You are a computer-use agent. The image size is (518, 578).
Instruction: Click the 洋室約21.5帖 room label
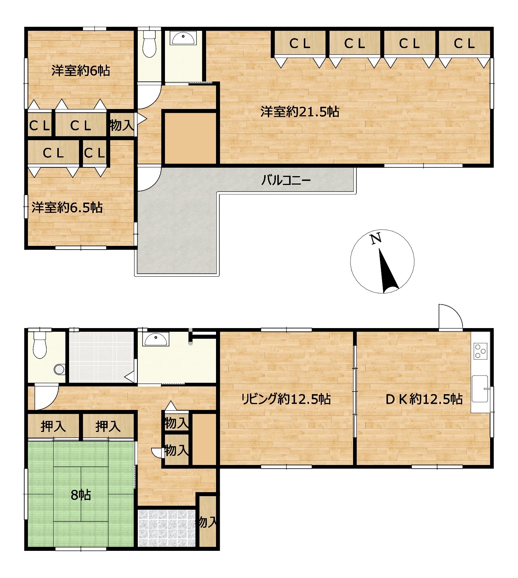[x=300, y=112]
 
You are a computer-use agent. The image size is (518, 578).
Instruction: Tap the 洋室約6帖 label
[x=80, y=70]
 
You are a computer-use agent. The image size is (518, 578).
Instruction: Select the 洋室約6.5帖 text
[x=67, y=208]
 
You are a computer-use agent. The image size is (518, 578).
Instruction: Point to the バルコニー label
[x=286, y=180]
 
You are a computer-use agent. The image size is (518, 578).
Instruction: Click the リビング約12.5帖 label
[x=286, y=399]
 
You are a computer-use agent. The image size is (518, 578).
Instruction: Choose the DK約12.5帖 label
[x=424, y=399]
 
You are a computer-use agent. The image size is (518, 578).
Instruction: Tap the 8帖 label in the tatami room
[x=80, y=495]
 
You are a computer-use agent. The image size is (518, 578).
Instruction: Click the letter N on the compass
[x=375, y=239]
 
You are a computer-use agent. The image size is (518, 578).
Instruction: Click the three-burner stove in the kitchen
[x=481, y=350]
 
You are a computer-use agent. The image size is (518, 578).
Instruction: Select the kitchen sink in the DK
[x=480, y=389]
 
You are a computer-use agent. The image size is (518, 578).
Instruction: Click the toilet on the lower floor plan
[x=40, y=344]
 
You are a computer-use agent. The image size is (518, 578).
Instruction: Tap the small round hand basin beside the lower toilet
[x=59, y=369]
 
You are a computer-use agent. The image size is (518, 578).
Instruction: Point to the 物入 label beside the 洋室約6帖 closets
[x=122, y=126]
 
